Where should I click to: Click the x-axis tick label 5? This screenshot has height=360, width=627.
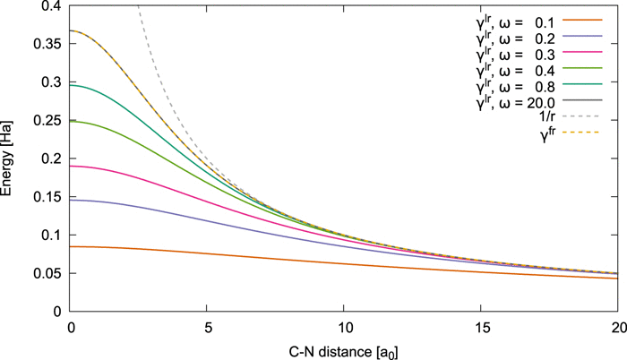coord(207,326)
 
